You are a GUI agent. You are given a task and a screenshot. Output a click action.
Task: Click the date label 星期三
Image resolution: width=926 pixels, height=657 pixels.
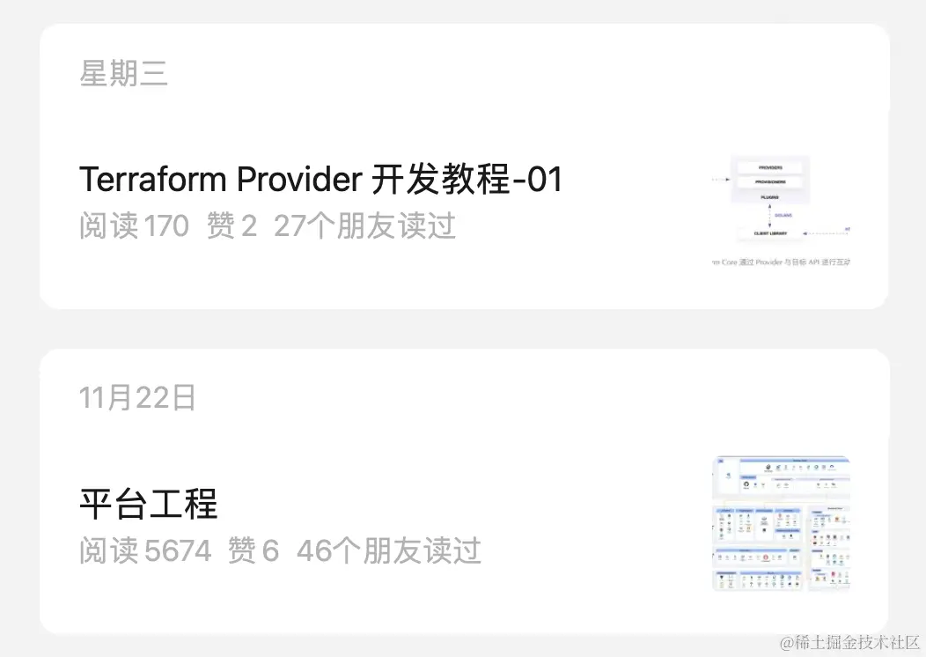[123, 74]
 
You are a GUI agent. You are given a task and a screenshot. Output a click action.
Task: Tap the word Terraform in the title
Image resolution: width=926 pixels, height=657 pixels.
[154, 180]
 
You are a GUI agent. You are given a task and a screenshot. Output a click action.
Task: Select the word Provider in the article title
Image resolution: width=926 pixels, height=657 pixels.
[300, 180]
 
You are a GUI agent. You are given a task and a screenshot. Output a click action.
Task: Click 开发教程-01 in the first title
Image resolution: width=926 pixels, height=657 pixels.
[467, 180]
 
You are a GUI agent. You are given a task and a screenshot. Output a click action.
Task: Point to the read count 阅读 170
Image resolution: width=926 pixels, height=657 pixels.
[134, 226]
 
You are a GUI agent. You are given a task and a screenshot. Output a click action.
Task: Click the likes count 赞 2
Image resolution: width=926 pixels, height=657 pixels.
[231, 226]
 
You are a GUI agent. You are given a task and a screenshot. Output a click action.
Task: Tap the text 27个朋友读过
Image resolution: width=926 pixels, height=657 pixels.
[364, 226]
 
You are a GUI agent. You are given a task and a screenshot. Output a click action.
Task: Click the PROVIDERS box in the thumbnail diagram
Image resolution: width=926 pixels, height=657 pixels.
[769, 166]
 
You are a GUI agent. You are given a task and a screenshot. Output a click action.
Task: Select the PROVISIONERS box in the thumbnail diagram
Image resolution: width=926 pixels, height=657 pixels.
[769, 182]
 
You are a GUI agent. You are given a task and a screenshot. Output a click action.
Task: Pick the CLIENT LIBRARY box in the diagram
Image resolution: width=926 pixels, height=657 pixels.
[770, 233]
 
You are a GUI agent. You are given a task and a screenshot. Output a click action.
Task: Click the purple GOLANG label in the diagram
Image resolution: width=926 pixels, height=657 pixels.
[783, 215]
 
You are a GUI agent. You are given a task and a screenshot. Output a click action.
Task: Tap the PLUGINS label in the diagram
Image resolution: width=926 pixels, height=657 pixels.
[769, 198]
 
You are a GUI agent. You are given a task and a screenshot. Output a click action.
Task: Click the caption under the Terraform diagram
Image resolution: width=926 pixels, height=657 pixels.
[782, 262]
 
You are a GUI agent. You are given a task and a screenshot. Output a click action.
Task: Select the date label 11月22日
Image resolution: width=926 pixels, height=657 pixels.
[137, 398]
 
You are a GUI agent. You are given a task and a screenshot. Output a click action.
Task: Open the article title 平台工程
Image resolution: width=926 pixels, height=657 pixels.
[148, 505]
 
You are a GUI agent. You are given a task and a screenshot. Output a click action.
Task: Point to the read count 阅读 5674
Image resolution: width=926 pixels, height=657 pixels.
[145, 551]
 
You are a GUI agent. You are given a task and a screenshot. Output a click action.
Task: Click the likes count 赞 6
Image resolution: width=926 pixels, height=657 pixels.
[254, 551]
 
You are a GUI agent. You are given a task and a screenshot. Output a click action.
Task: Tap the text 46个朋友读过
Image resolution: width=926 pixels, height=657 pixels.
[388, 551]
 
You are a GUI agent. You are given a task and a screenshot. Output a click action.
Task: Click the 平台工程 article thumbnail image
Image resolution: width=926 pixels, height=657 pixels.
[781, 523]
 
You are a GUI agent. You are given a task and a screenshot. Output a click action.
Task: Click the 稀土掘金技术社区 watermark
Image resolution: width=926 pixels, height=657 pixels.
[849, 642]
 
